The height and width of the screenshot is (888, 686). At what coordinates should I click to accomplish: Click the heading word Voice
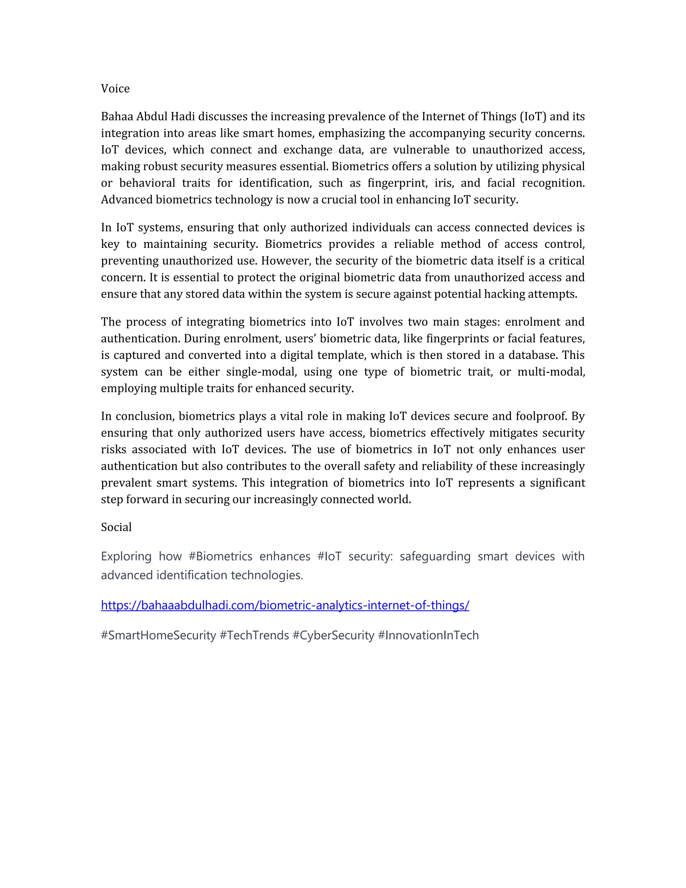115,89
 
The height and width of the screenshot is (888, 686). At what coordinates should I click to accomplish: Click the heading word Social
116,527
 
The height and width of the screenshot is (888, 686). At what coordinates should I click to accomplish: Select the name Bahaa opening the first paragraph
117,117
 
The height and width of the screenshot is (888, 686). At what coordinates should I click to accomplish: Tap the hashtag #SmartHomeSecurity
158,635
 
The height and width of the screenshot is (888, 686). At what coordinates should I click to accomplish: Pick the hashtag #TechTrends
254,635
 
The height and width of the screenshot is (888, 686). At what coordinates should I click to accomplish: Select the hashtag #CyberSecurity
333,635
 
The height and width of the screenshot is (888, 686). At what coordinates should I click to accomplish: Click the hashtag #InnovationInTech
428,635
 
